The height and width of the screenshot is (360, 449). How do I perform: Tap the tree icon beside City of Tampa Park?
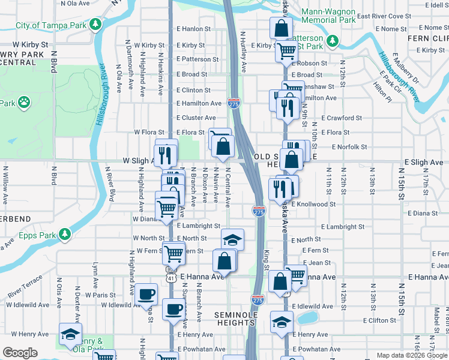point(95,25)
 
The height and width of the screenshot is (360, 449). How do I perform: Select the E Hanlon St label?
point(193,29)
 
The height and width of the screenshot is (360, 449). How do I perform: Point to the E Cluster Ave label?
point(196,118)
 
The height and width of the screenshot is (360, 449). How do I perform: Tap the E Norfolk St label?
point(344,146)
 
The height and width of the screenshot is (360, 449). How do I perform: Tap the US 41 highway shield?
point(172,277)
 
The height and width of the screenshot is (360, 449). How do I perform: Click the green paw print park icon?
point(25,102)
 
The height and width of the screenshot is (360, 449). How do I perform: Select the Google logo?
point(20,353)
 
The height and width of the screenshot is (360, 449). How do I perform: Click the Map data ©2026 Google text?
point(411,355)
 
